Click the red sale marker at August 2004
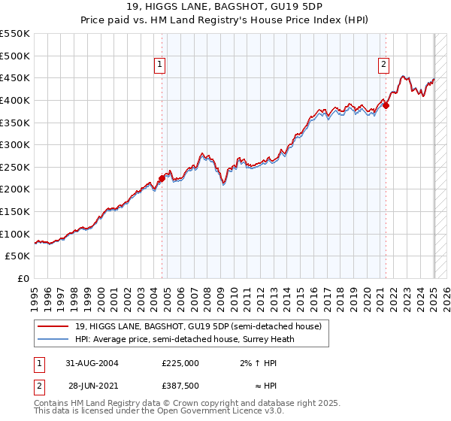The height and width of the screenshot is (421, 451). [162, 178]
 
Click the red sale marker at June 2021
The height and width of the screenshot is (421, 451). [386, 106]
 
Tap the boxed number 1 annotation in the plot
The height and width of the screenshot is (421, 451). [161, 65]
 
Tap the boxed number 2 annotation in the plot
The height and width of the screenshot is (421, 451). [383, 65]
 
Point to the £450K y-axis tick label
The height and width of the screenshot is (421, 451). [15, 77]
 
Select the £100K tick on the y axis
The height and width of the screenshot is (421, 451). [15, 234]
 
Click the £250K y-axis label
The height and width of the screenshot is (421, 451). [15, 167]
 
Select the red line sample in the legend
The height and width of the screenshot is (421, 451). [53, 326]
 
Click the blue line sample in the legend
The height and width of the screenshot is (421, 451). [53, 338]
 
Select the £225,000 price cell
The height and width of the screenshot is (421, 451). [180, 362]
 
